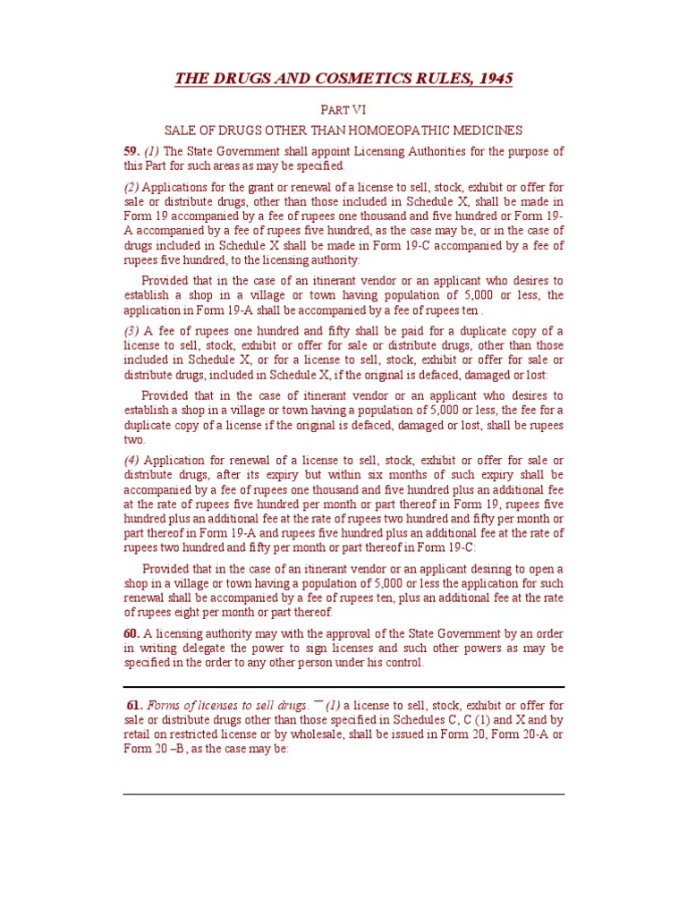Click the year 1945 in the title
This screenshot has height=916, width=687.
coord(495,79)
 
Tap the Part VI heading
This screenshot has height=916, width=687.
coord(343,110)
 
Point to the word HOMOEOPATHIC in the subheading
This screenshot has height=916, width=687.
coord(396,131)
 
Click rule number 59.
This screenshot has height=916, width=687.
coord(131,151)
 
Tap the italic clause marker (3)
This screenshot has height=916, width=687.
coord(131,331)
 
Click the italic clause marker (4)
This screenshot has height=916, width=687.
coord(131,460)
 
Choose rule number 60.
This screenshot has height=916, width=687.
coord(131,634)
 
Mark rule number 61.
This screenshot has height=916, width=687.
coord(135,706)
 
